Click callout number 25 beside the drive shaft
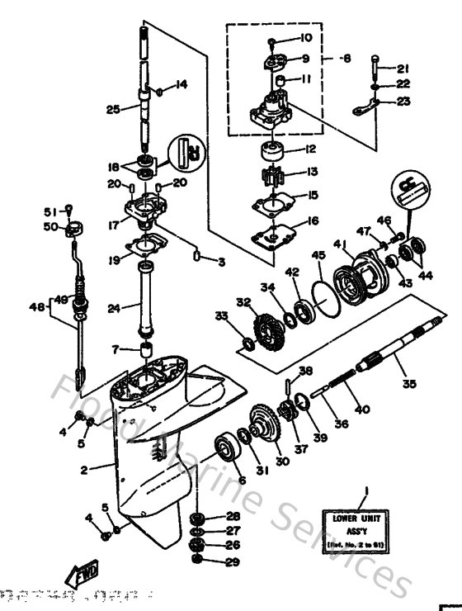(113, 108)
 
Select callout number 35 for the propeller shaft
(409, 382)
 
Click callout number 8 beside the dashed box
(347, 59)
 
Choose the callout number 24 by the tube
(114, 308)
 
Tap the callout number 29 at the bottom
(233, 562)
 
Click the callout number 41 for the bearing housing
(337, 243)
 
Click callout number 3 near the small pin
(220, 262)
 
